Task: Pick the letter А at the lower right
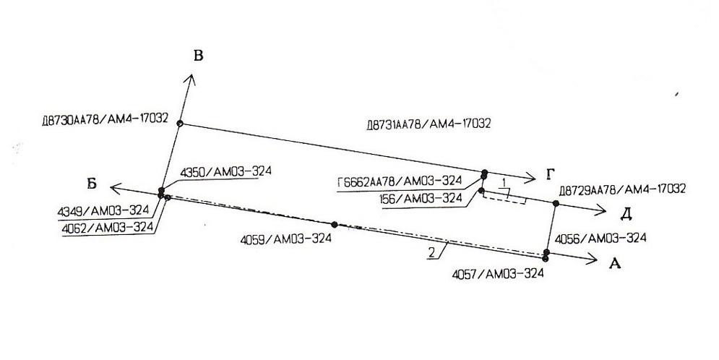click(x=615, y=265)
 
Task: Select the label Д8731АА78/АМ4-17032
click(x=429, y=124)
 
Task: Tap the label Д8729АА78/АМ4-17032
click(x=622, y=189)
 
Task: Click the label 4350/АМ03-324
click(x=225, y=171)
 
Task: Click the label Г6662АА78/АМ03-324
click(x=399, y=181)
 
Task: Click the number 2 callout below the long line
click(x=431, y=252)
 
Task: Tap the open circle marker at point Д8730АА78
click(x=181, y=124)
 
